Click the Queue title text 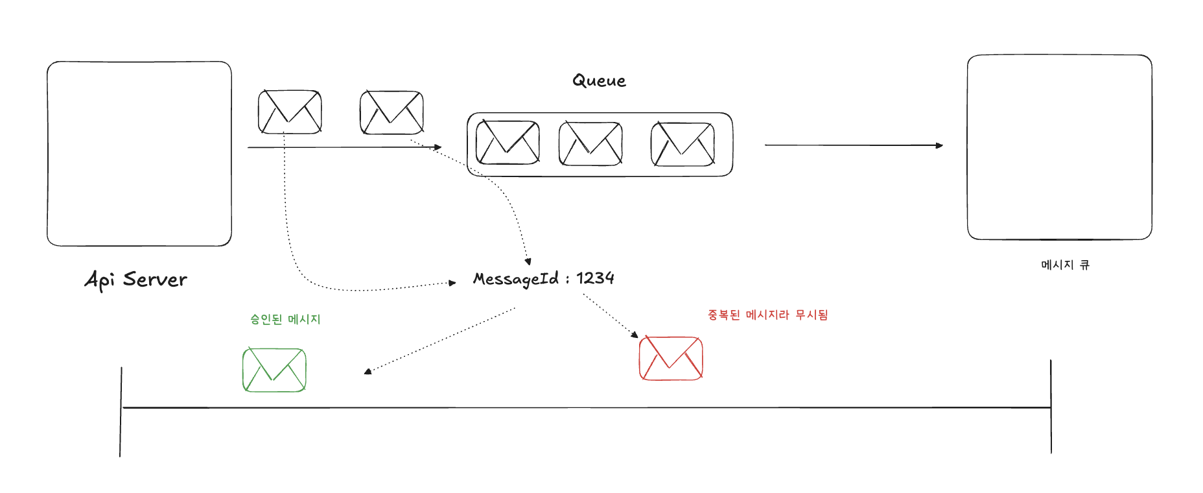pos(599,81)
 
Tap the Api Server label pos(136,280)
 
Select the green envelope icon pos(274,370)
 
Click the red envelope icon pos(671,358)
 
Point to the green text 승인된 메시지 pos(285,319)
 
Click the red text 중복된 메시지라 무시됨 pos(767,315)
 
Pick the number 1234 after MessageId pos(595,278)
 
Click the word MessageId pos(516,279)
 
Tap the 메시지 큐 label pos(1065,265)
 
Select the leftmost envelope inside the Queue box pos(508,143)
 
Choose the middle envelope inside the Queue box pos(590,143)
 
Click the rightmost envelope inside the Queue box pos(683,144)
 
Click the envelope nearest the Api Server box pos(290,112)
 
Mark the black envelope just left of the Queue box pos(391,113)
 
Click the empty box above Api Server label pos(139,154)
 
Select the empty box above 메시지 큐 pos(1059,147)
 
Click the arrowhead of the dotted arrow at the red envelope pos(635,335)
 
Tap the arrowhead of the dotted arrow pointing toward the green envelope pos(368,372)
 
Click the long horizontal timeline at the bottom pos(583,408)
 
